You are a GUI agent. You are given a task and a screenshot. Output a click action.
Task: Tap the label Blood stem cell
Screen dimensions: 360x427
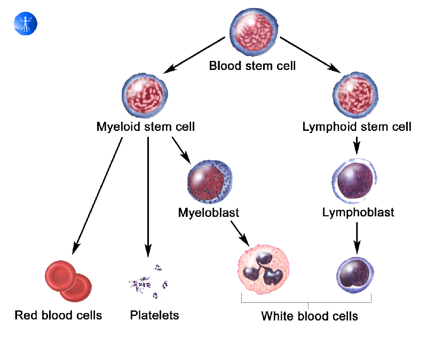click(x=252, y=66)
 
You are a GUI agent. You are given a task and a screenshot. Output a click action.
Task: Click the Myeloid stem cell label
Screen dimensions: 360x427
click(x=145, y=127)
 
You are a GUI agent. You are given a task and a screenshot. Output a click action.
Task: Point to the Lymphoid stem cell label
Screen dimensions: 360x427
click(x=357, y=127)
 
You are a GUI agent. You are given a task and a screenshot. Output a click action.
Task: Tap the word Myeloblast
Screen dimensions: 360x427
click(x=208, y=213)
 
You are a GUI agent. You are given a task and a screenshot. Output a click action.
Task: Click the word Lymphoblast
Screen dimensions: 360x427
click(x=358, y=213)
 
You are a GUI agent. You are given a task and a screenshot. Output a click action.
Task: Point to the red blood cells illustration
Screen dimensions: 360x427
click(x=68, y=280)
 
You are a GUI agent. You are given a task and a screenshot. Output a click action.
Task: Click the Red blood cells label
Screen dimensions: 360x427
click(x=58, y=315)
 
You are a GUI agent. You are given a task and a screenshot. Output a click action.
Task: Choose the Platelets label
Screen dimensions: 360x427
click(x=154, y=315)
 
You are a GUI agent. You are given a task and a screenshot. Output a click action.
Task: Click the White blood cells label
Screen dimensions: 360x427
click(x=309, y=316)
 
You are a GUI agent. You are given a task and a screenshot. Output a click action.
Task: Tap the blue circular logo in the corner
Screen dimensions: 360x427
click(x=26, y=24)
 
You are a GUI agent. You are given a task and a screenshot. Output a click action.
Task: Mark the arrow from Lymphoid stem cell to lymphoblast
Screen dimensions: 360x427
click(x=357, y=145)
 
